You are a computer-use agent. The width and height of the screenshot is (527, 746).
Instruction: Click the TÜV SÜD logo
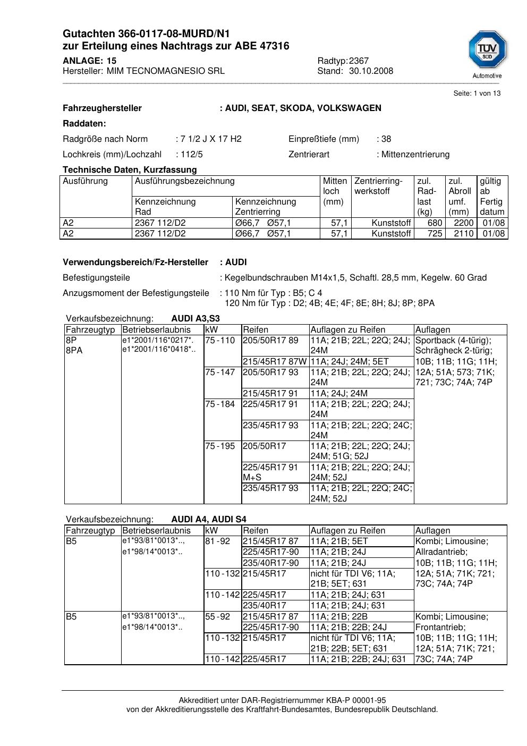[x=487, y=54]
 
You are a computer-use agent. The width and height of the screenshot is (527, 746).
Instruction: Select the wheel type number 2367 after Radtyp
[x=359, y=61]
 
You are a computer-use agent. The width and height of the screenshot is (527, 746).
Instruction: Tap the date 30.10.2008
[x=371, y=71]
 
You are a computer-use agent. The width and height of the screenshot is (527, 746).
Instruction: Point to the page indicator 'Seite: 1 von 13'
[x=477, y=94]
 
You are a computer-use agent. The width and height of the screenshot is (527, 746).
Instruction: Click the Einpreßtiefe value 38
[x=386, y=139]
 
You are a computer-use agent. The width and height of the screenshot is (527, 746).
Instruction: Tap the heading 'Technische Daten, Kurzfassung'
[x=130, y=170]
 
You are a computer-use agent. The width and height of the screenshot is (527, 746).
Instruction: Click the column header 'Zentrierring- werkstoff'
[x=379, y=186]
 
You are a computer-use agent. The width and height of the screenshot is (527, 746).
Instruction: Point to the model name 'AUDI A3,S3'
[x=195, y=319]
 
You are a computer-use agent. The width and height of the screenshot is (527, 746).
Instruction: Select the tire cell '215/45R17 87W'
[x=275, y=362]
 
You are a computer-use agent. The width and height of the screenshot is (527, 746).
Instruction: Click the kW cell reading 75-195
[x=220, y=446]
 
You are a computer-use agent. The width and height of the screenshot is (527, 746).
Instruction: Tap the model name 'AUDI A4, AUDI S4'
[x=209, y=520]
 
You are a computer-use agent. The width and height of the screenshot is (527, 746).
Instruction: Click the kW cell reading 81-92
[x=218, y=541]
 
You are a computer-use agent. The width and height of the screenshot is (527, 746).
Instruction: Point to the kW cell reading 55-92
[x=218, y=617]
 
